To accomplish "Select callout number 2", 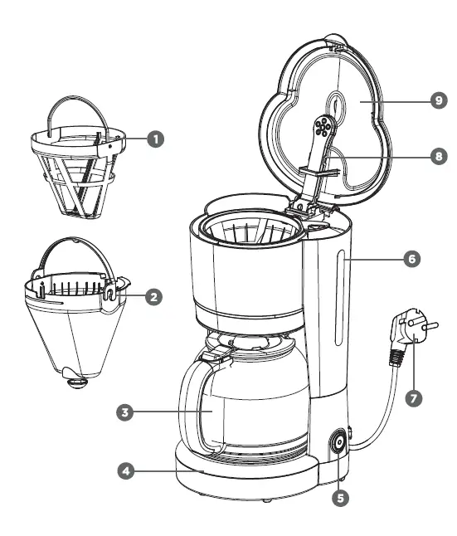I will (153, 296).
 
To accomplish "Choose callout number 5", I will (341, 499).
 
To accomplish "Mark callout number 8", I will (439, 154).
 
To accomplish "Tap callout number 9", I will (439, 100).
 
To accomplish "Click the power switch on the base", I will (338, 444).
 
